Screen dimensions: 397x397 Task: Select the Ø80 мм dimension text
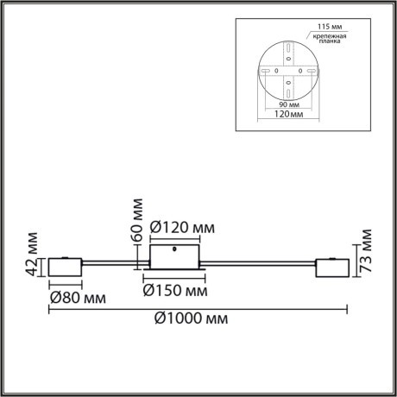77,298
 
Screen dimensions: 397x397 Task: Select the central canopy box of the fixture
176,256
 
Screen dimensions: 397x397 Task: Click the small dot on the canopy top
176,249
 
